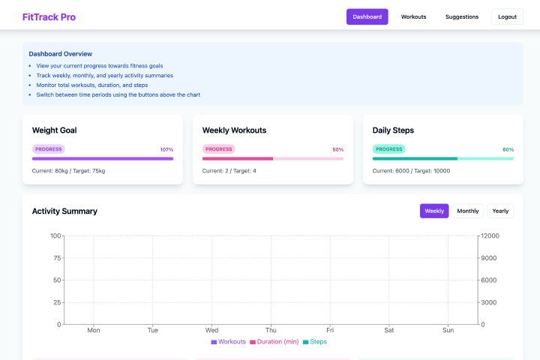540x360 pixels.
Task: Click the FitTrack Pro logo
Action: [x=49, y=16]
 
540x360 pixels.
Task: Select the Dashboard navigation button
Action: [x=367, y=16]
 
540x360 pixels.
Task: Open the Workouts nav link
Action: [x=413, y=16]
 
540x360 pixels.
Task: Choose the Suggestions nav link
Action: [x=461, y=16]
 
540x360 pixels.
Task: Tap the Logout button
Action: [x=507, y=16]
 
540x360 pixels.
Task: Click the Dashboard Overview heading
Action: [x=61, y=54]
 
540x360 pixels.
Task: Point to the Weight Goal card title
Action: [x=54, y=130]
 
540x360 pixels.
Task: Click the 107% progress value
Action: [x=166, y=149]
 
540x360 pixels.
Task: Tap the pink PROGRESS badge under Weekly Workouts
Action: [x=218, y=149]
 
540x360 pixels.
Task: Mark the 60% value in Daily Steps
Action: [x=508, y=149]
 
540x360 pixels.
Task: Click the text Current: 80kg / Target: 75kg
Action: [x=68, y=171]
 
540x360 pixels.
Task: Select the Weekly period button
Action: [x=434, y=211]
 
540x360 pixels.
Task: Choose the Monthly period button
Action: [x=468, y=211]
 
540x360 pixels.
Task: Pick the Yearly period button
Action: [x=500, y=211]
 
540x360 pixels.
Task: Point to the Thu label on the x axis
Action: [x=271, y=330]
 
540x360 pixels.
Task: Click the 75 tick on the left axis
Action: [x=55, y=258]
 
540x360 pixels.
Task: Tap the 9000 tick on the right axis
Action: [x=490, y=258]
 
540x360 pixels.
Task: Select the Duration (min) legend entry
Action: [x=274, y=342]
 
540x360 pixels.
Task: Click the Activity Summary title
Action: [x=64, y=211]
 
